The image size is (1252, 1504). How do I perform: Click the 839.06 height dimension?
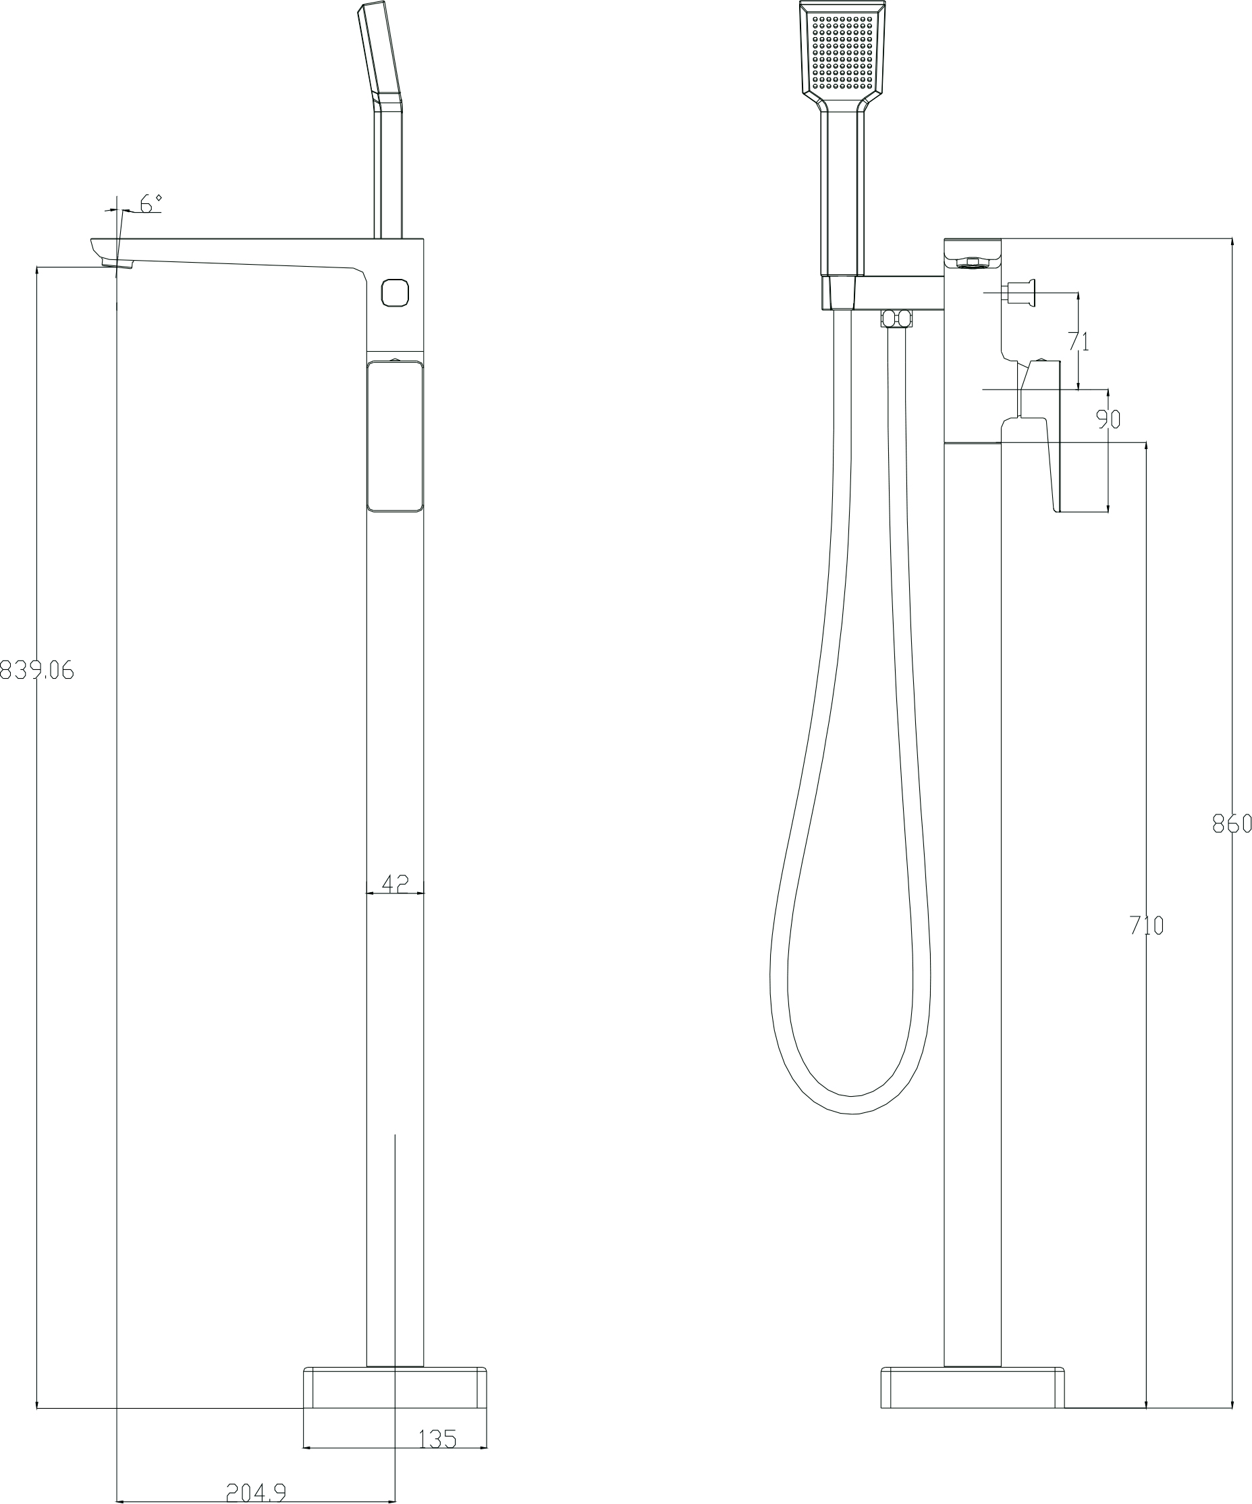pyautogui.click(x=36, y=671)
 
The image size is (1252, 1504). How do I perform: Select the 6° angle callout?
pyautogui.click(x=151, y=203)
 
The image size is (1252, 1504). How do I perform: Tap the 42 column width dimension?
pyautogui.click(x=394, y=884)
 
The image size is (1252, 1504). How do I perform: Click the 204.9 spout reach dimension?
pyautogui.click(x=256, y=1493)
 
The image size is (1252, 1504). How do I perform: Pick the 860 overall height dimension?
pyautogui.click(x=1232, y=825)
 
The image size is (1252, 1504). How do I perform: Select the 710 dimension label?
pyautogui.click(x=1147, y=926)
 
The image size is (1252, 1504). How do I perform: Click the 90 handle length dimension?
pyautogui.click(x=1108, y=419)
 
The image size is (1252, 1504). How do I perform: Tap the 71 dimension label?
pyautogui.click(x=1078, y=342)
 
